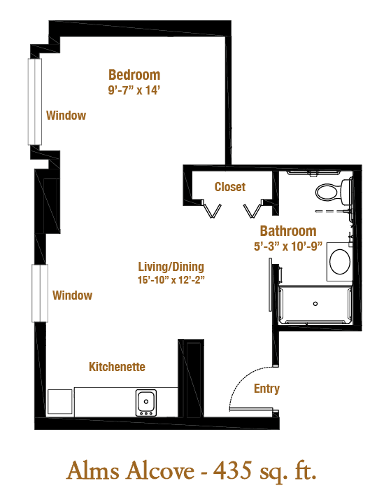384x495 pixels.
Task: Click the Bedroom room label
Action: click(x=134, y=75)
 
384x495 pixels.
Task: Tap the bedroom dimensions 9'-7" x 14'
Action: click(x=134, y=90)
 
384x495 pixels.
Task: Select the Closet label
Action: click(x=230, y=187)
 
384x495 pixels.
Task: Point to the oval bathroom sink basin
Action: click(x=340, y=261)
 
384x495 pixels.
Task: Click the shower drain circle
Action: click(x=315, y=304)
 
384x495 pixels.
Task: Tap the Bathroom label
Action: click(x=288, y=231)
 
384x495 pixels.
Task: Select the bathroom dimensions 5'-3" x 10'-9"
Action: click(x=288, y=246)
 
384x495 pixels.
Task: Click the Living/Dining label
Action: click(x=171, y=267)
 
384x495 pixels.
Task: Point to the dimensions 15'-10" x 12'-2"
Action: click(x=171, y=279)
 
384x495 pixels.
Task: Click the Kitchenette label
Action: click(x=117, y=367)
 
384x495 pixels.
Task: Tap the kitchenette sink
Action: click(x=146, y=403)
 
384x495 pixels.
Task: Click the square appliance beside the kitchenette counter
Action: click(x=60, y=402)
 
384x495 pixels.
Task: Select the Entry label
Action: click(x=266, y=389)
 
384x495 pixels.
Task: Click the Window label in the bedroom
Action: click(x=66, y=116)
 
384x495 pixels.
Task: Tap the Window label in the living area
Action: click(x=73, y=295)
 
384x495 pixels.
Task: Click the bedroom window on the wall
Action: click(x=35, y=102)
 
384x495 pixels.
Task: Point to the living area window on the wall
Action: click(x=40, y=293)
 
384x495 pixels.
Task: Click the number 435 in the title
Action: click(x=232, y=471)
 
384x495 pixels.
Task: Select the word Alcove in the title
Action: click(x=160, y=471)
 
